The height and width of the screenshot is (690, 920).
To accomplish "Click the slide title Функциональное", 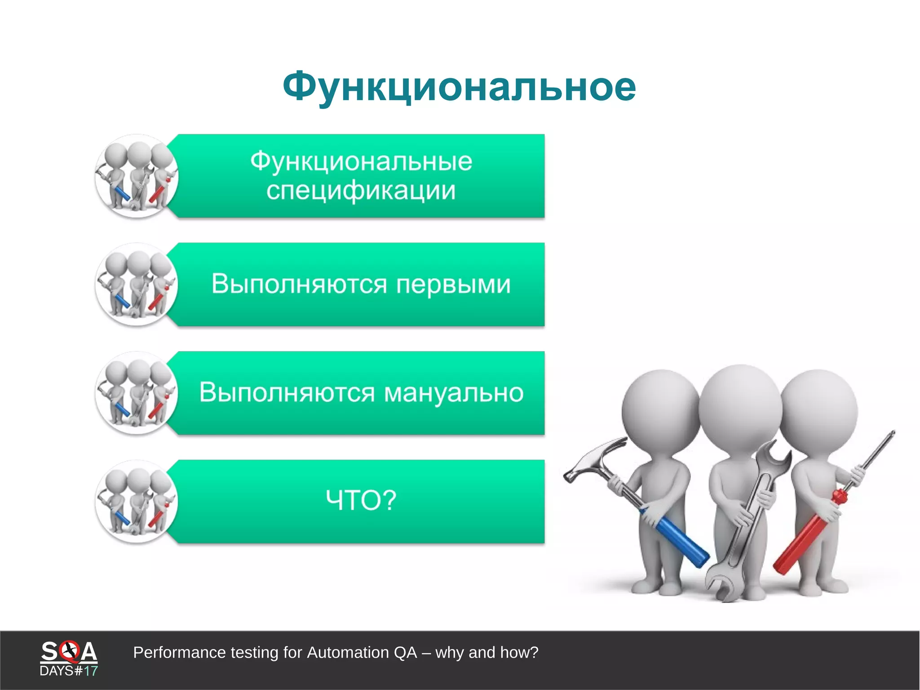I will pos(459,87).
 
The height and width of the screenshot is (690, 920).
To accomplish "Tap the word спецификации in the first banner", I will pos(361,191).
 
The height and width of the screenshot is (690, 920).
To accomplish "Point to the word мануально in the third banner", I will pos(454,392).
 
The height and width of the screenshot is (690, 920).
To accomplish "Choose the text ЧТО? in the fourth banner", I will pos(361,500).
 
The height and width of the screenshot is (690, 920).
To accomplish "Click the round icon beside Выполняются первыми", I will pos(137,285).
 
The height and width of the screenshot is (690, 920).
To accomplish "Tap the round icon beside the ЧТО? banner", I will pos(137,501).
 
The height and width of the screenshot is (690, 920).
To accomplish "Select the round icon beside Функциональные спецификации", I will pos(137,176).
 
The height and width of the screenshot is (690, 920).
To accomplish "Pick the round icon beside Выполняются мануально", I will pos(137,393).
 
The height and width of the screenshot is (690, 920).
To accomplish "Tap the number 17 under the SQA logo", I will pos(91,671).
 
